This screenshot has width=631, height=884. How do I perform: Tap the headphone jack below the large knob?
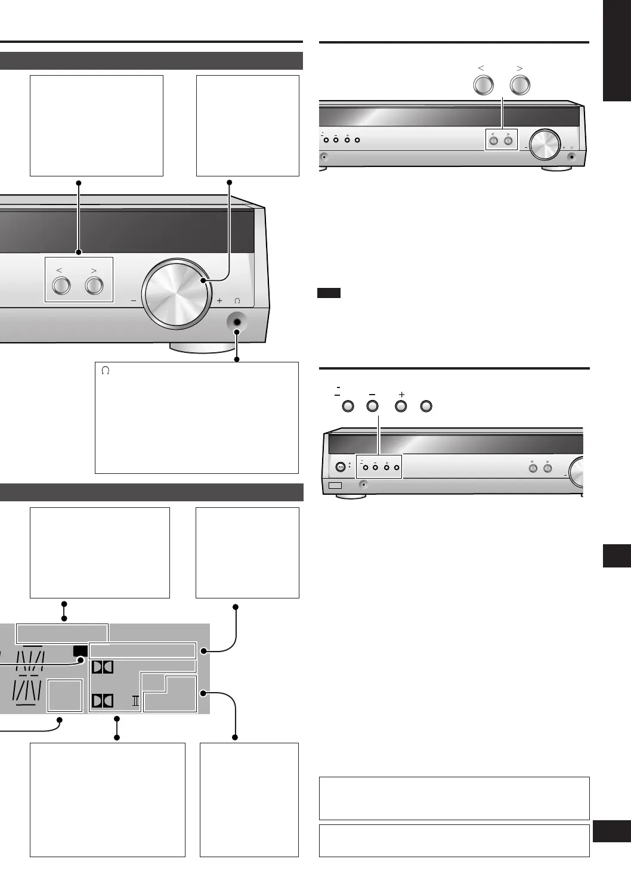point(237,322)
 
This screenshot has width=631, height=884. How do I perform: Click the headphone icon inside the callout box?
point(106,371)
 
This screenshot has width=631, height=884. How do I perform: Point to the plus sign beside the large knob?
point(219,301)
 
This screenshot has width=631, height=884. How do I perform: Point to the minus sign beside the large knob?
point(133,301)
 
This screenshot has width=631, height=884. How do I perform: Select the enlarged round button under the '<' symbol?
point(483,85)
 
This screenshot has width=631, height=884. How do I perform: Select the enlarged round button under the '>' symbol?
point(520,85)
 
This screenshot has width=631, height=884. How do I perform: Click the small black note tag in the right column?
point(329,293)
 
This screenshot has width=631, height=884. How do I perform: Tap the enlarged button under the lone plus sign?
point(401,407)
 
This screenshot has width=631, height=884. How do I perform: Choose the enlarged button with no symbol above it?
point(426,407)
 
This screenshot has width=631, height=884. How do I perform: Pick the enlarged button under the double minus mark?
point(348,407)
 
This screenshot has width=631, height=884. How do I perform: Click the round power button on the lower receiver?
point(341,467)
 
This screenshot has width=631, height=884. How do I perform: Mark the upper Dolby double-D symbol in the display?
point(103,666)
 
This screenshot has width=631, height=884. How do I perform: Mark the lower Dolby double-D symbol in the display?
point(103,700)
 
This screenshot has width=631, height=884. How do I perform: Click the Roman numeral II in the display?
point(135,701)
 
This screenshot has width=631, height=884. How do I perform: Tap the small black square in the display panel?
point(80,651)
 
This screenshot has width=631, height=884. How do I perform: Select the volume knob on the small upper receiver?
point(545,144)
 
